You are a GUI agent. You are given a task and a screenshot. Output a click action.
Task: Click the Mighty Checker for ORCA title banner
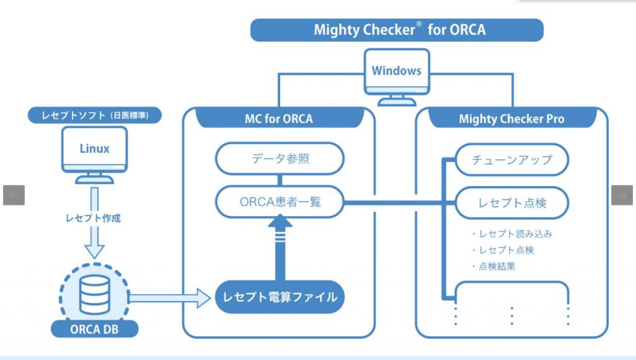[x=397, y=30]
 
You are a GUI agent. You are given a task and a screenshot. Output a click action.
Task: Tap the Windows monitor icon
[x=397, y=77]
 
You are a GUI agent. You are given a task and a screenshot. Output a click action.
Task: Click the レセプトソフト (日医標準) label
[x=94, y=115]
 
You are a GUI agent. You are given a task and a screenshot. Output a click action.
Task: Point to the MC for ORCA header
[x=279, y=119]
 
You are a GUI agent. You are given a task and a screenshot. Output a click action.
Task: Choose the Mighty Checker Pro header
[x=512, y=119]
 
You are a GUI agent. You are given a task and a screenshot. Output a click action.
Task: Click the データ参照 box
[x=280, y=158]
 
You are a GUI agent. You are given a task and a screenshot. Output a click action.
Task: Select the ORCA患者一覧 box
[x=280, y=202]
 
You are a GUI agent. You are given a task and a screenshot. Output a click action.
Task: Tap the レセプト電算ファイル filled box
[x=280, y=297]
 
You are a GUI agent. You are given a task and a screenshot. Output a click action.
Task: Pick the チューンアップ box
[x=512, y=160]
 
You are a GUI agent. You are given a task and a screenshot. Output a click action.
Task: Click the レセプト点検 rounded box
[x=512, y=203]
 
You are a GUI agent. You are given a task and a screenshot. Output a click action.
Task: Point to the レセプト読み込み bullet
[x=512, y=234]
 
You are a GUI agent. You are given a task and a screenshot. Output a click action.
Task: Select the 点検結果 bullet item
[x=494, y=266]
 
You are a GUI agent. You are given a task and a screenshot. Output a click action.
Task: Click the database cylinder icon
[x=94, y=295]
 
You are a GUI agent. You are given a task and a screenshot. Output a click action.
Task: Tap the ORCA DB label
[x=94, y=329]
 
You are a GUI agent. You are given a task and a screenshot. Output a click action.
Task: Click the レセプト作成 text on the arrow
[x=93, y=218]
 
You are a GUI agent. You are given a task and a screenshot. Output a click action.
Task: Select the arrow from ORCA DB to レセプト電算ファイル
[x=170, y=299]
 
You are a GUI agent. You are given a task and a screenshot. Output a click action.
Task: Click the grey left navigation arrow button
[x=14, y=195]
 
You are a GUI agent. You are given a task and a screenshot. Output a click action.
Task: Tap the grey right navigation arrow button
[x=622, y=195]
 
